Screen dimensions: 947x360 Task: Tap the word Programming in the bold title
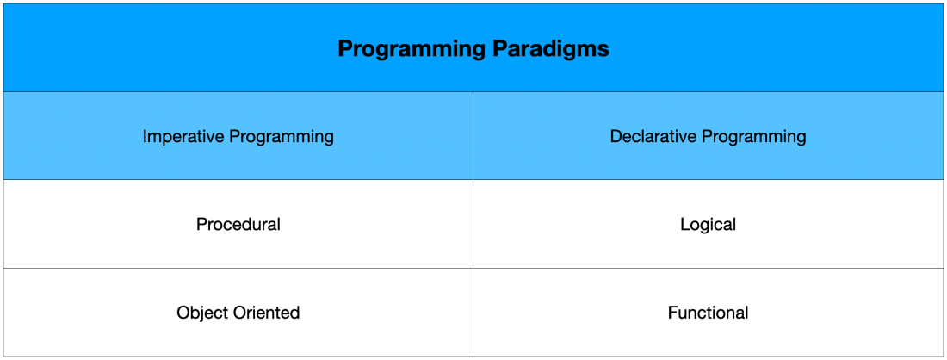pyautogui.click(x=410, y=50)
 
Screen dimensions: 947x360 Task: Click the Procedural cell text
pyautogui.click(x=238, y=225)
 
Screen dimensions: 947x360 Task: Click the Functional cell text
pyautogui.click(x=709, y=313)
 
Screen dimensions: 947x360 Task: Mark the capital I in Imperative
pyautogui.click(x=145, y=137)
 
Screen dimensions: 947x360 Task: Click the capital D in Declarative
pyautogui.click(x=616, y=137)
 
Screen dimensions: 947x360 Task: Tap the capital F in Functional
pyautogui.click(x=673, y=313)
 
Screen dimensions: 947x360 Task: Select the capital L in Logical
pyautogui.click(x=685, y=225)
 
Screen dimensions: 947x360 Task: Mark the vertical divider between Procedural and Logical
pyautogui.click(x=473, y=223)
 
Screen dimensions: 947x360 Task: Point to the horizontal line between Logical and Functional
pyautogui.click(x=708, y=268)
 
